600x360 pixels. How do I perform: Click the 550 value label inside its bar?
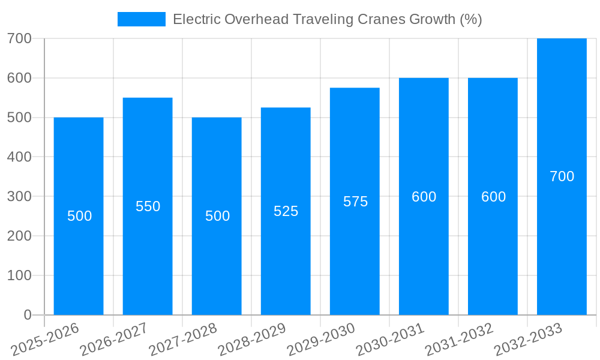148,206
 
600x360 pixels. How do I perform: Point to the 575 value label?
355,202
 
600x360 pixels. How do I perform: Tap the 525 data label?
286,211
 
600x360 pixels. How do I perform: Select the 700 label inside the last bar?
562,176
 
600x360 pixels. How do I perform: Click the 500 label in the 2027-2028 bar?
217,216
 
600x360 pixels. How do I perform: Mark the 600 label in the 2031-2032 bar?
493,197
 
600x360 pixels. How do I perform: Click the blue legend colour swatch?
142,19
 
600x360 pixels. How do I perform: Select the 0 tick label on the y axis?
28,315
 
